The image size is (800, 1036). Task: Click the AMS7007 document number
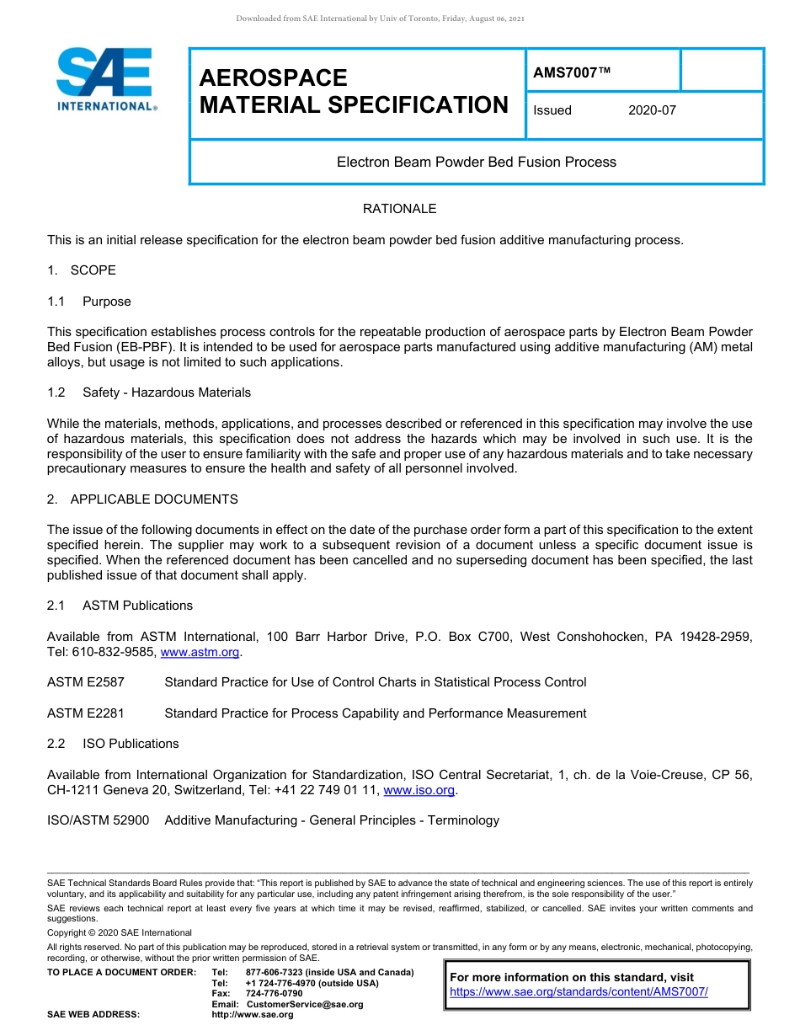pyautogui.click(x=571, y=73)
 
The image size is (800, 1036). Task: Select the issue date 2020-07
pyautogui.click(x=652, y=110)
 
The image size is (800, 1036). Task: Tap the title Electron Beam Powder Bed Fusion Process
pyautogui.click(x=477, y=162)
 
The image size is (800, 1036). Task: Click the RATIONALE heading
pyautogui.click(x=399, y=209)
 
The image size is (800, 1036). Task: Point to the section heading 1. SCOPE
pyautogui.click(x=82, y=270)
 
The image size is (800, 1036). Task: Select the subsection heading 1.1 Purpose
pyautogui.click(x=89, y=302)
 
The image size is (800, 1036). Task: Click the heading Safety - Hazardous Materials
pyautogui.click(x=166, y=393)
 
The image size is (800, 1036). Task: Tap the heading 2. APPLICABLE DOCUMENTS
pyautogui.click(x=142, y=499)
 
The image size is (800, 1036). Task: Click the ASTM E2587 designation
pyautogui.click(x=86, y=682)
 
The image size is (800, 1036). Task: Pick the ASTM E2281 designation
pyautogui.click(x=86, y=713)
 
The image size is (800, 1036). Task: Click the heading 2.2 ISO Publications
pyautogui.click(x=114, y=744)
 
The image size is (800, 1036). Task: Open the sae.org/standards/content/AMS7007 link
pyautogui.click(x=579, y=992)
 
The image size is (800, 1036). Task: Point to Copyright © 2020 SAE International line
pyautogui.click(x=120, y=932)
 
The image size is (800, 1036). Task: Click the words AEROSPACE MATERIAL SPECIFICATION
pyautogui.click(x=354, y=91)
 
